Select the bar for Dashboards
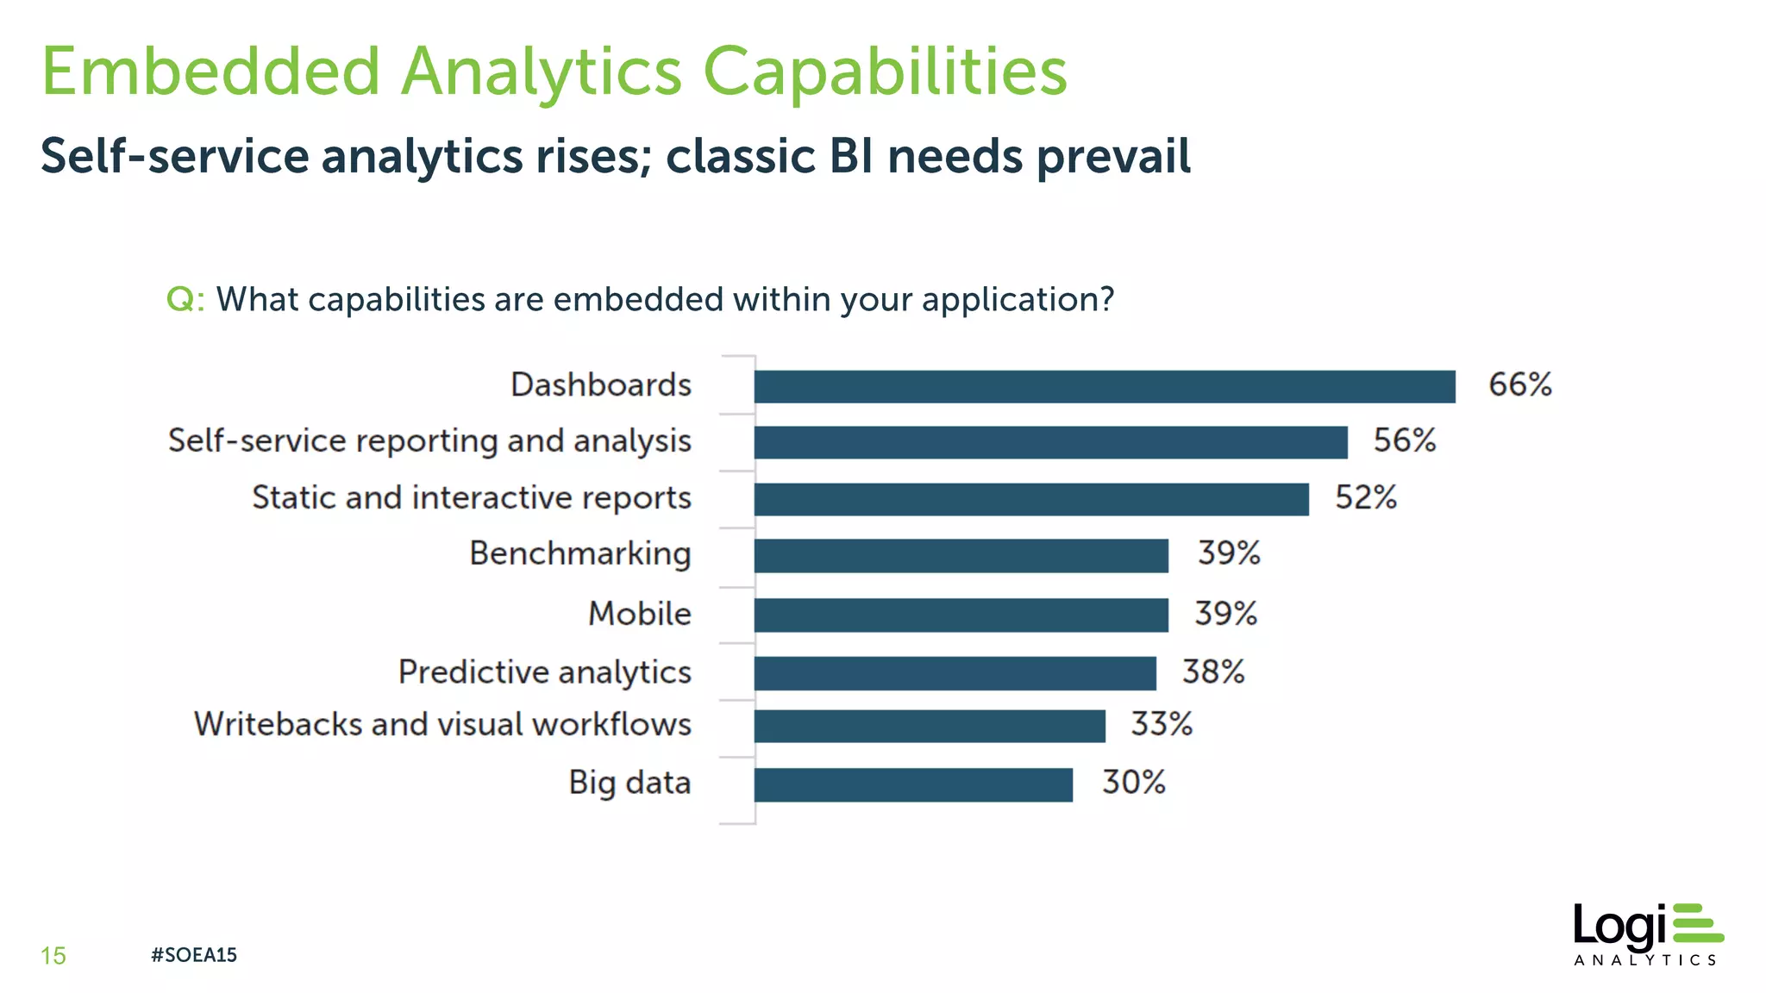pyautogui.click(x=1104, y=386)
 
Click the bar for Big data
pyautogui.click(x=912, y=784)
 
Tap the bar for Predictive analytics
pyautogui.click(x=955, y=673)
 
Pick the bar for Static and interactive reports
pyautogui.click(x=1030, y=499)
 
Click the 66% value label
pyautogui.click(x=1519, y=384)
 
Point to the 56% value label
pyautogui.click(x=1404, y=440)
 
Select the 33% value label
pyautogui.click(x=1161, y=724)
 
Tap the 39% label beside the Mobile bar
pyautogui.click(x=1224, y=614)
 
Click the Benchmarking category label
pyautogui.click(x=579, y=553)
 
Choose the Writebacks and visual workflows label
pyautogui.click(x=442, y=724)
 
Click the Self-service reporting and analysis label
pyautogui.click(x=429, y=440)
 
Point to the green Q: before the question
pyautogui.click(x=185, y=300)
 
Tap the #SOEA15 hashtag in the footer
pyautogui.click(x=193, y=955)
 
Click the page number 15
pyautogui.click(x=53, y=956)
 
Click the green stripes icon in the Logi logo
pyautogui.click(x=1696, y=922)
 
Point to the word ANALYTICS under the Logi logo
pyautogui.click(x=1644, y=960)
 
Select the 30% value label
pyautogui.click(x=1133, y=783)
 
